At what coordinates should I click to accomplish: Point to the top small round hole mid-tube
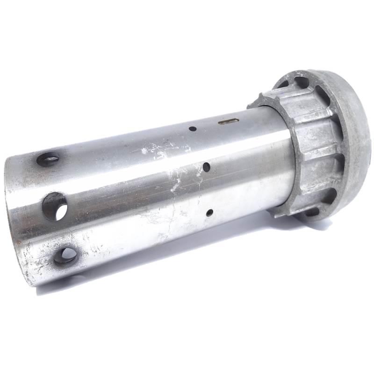(192, 128)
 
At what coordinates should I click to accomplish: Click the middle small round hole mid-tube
(206, 166)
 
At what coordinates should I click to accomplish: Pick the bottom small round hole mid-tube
(209, 213)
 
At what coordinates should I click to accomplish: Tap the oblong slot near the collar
(229, 121)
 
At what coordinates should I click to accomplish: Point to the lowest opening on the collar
(312, 213)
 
